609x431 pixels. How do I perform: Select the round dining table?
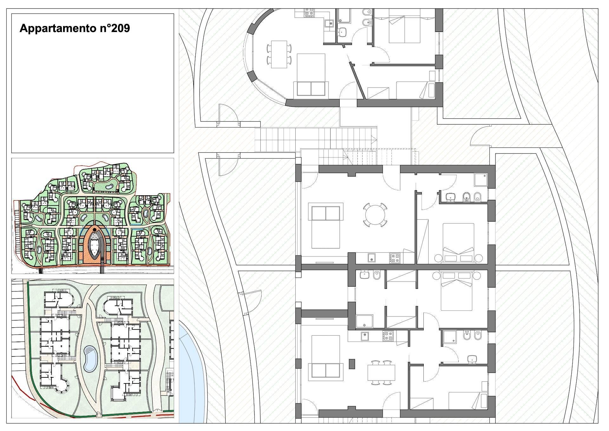pos(375,215)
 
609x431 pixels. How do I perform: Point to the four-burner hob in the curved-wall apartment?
pos(309,13)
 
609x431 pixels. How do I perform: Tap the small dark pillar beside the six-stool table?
pos(352,363)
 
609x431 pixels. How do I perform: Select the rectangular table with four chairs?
pos(279,54)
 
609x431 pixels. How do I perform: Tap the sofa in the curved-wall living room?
pos(311,88)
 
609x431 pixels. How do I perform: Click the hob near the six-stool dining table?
pos(389,336)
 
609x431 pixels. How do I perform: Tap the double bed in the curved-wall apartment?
pos(404,26)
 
